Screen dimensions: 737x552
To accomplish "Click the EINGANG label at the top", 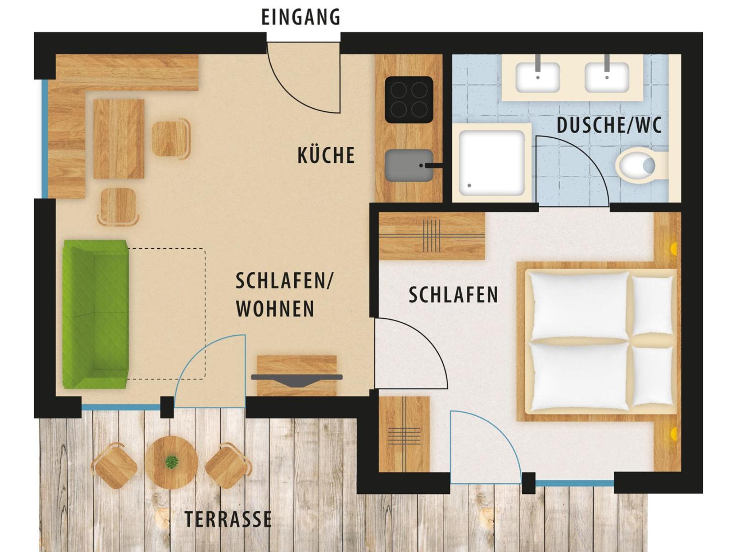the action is tap(300, 17).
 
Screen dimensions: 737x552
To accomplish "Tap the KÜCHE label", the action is tap(326, 155).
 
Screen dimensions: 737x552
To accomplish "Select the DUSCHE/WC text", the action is tap(609, 125).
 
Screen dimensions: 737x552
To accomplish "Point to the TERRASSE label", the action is tap(228, 519).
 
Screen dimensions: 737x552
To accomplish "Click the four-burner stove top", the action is tap(409, 100).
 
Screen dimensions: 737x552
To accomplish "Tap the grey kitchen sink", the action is tap(409, 166).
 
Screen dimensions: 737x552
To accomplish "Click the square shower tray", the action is tap(492, 163).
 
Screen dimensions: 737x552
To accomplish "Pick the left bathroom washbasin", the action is tap(538, 77).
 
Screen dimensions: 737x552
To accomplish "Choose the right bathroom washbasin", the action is tap(607, 77).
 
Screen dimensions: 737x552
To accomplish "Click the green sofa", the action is tap(95, 314).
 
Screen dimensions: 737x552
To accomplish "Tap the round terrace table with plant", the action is tap(171, 462).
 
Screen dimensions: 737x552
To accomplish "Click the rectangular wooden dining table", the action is tap(119, 139).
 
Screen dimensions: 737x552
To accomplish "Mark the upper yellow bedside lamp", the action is tap(674, 249).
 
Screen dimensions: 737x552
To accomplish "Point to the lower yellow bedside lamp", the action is tap(674, 434).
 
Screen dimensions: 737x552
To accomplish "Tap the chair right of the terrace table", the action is tap(228, 465).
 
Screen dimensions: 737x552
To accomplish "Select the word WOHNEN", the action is tap(275, 309).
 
